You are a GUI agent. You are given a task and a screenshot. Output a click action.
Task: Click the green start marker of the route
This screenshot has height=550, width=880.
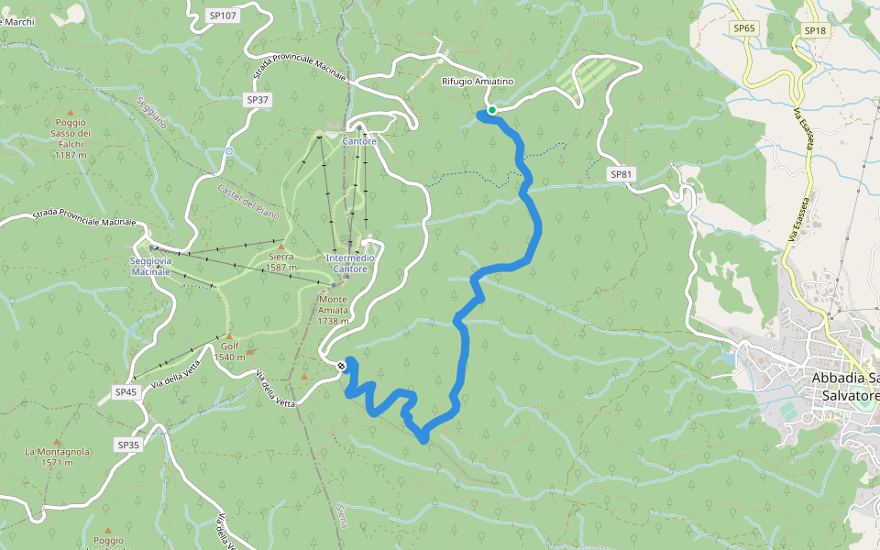[x=492, y=110]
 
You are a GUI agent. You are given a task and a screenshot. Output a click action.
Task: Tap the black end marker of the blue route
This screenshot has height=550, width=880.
[x=342, y=366]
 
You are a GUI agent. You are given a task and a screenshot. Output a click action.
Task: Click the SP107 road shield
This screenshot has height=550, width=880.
[x=222, y=16]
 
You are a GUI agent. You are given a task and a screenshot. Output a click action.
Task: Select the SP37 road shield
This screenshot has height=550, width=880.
[x=258, y=99]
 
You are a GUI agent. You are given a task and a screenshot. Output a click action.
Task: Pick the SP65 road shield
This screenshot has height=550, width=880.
[x=744, y=28]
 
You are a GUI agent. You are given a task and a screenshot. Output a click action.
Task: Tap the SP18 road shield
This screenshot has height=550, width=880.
[x=814, y=30]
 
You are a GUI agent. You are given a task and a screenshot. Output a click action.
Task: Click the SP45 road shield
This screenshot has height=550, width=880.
[x=126, y=391]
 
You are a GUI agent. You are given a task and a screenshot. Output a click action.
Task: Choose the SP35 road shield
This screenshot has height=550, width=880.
[x=128, y=445]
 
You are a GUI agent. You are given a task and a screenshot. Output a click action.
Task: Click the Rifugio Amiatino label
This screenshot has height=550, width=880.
[x=478, y=82]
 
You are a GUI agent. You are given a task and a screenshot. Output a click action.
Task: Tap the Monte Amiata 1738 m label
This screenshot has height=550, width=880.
[x=334, y=311]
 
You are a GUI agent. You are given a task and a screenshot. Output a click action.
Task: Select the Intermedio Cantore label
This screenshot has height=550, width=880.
[x=351, y=263]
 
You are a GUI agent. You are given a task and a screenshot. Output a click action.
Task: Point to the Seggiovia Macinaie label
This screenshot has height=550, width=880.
[x=151, y=266]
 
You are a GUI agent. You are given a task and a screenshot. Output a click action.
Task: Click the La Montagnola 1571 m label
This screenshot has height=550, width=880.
[x=56, y=456]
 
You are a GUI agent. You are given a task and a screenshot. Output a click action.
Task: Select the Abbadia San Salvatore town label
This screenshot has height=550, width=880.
[x=844, y=386]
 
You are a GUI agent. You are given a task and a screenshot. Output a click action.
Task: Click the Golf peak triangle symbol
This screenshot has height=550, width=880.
[x=228, y=336]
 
